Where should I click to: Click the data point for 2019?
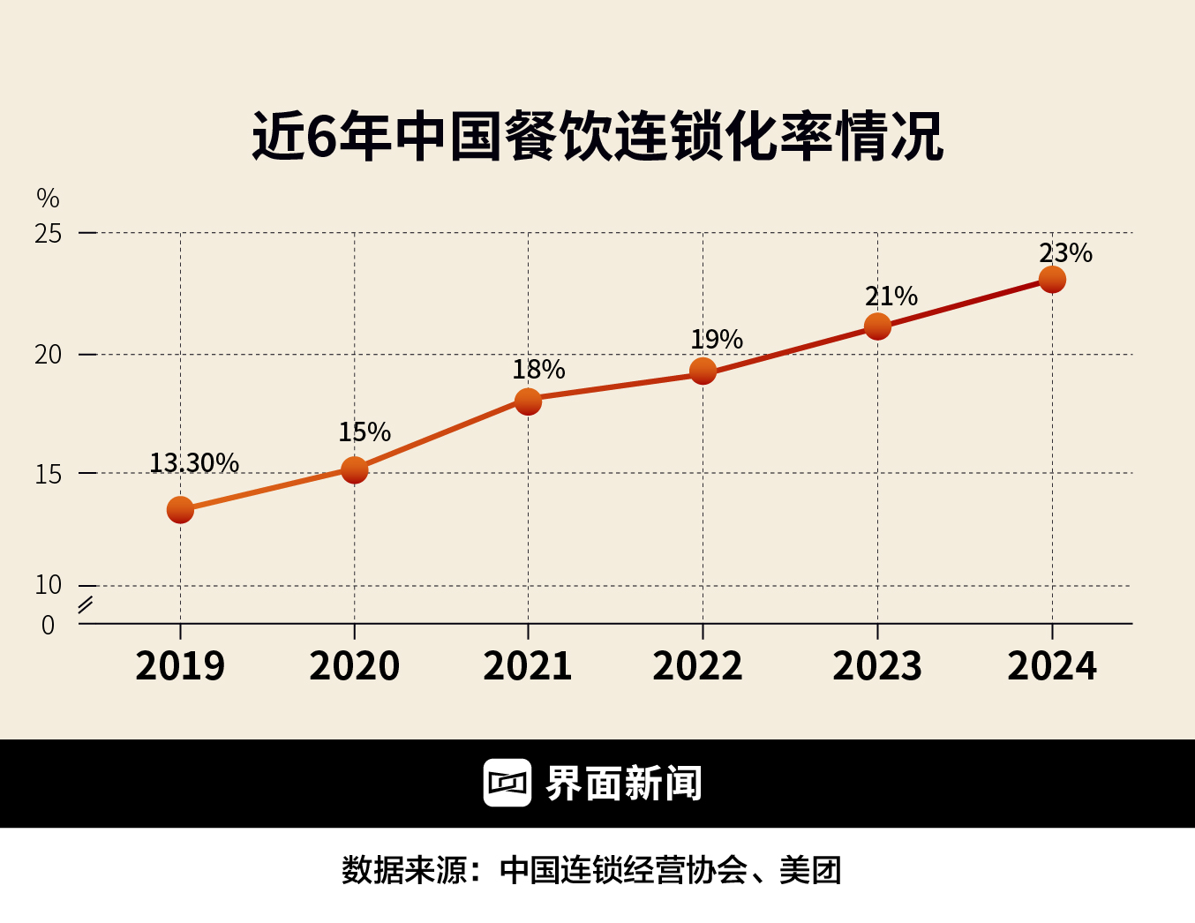180,509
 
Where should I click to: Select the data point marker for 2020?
354,469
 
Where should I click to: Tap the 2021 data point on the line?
528,401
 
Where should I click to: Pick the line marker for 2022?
703,371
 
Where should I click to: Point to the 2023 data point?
877,326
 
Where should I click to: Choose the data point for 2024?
1052,280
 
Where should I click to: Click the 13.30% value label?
194,462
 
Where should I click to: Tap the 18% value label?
538,369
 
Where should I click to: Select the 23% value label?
1065,253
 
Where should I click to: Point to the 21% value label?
891,296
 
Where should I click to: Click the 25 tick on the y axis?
49,234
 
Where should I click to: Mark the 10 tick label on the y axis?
49,584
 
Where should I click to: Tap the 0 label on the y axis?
49,625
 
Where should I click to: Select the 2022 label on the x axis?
697,665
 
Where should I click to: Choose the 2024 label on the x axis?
1052,665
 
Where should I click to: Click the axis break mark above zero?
86,605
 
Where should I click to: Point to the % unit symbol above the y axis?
48,198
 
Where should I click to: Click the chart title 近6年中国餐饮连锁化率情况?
597,137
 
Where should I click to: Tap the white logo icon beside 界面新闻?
507,783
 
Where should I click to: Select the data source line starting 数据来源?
591,870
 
